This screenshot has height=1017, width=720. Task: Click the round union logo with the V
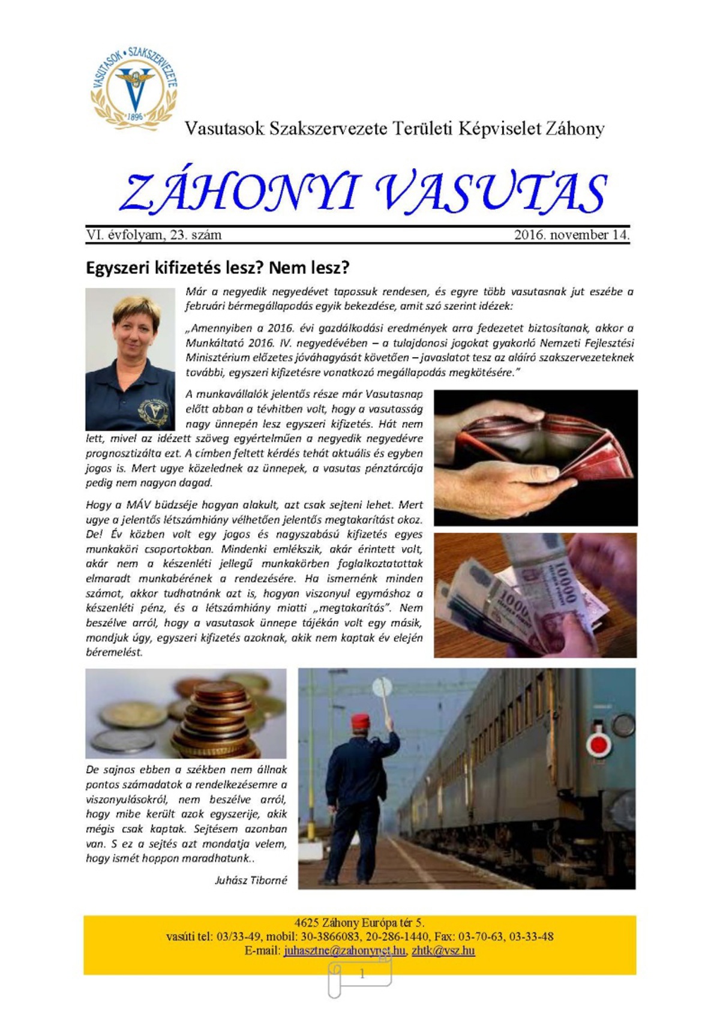[x=134, y=87]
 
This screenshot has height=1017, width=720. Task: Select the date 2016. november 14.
[x=571, y=235]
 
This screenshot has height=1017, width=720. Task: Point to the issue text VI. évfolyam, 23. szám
[x=154, y=235]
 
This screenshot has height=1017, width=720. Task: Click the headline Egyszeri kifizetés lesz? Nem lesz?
[x=218, y=268]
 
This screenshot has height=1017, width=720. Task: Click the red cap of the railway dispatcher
[x=359, y=720]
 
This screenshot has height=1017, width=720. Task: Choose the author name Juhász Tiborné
[x=251, y=880]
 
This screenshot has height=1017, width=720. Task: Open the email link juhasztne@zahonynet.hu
[x=344, y=951]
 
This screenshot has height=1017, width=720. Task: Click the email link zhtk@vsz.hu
[x=443, y=951]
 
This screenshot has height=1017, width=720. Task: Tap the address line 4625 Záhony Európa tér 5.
[x=359, y=923]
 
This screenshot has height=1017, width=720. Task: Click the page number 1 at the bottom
[x=362, y=974]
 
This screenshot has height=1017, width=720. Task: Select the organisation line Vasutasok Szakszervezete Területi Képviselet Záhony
[x=394, y=128]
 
